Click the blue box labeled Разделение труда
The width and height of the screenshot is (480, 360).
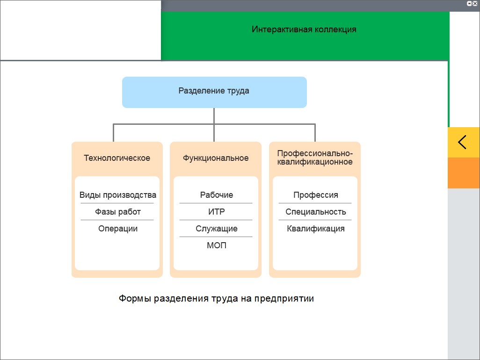tap(214, 92)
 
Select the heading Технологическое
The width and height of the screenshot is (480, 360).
tap(117, 158)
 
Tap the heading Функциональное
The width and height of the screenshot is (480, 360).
tap(216, 158)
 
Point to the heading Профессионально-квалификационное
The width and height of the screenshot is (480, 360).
tap(315, 158)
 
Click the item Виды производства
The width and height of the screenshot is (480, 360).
tap(118, 195)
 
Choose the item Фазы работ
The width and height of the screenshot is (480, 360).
tap(118, 212)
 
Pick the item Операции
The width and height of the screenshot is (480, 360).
tap(118, 229)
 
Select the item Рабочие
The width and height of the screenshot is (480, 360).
tap(217, 195)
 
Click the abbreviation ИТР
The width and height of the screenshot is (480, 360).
tap(217, 212)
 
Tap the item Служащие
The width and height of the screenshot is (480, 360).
tap(217, 229)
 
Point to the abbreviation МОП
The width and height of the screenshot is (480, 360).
tap(217, 245)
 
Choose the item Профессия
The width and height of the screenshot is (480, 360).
tap(316, 195)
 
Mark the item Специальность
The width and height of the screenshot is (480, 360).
tap(316, 212)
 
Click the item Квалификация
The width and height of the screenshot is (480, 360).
tap(316, 229)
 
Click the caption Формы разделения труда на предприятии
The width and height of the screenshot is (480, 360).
tap(216, 299)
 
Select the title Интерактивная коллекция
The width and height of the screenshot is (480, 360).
tap(304, 29)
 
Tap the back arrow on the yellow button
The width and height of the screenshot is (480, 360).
tap(462, 142)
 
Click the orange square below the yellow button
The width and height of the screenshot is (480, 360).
tap(464, 173)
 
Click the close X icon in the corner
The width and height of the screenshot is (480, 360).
tap(475, 4)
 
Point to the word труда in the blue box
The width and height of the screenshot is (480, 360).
tap(238, 91)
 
